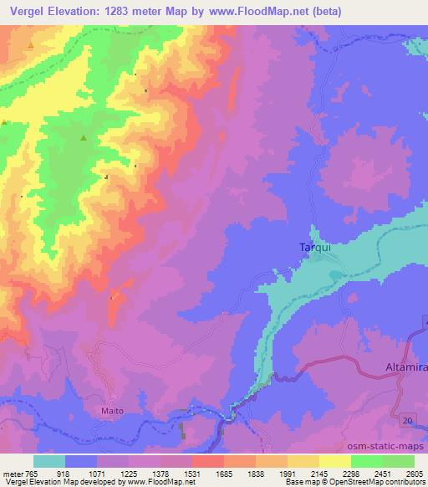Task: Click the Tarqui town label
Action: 315,248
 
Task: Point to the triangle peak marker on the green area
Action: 83,139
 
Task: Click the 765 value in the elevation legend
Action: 31,474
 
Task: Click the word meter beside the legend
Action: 12,474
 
